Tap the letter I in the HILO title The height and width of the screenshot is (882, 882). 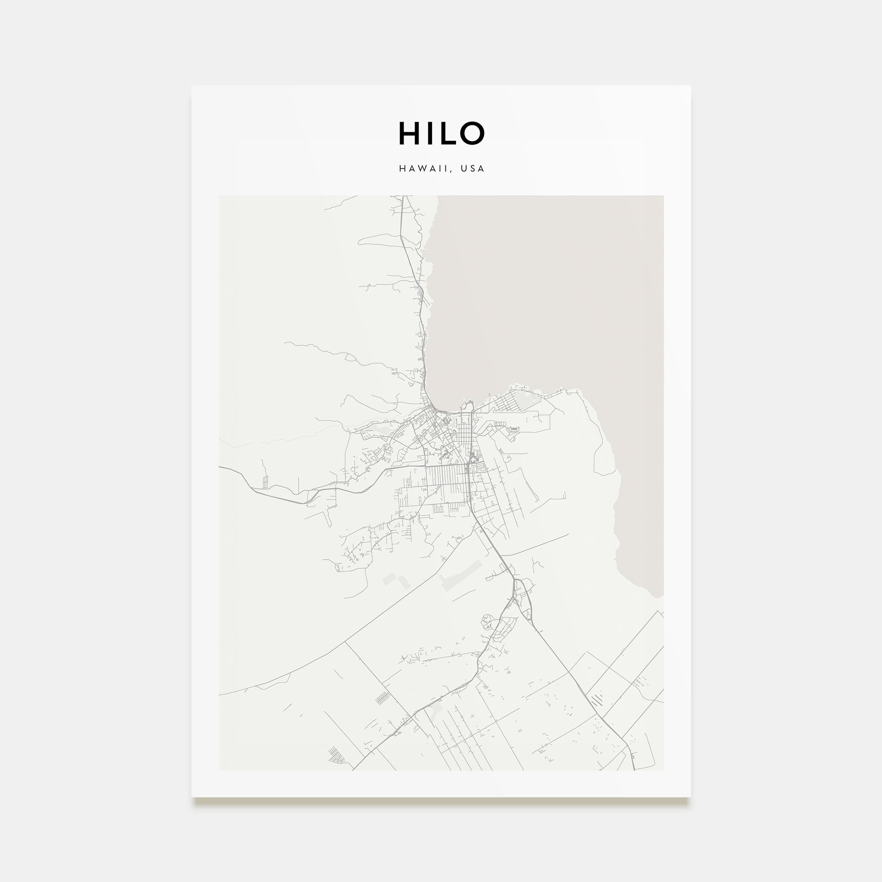pos(426,133)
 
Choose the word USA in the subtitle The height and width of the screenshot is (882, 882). pos(472,168)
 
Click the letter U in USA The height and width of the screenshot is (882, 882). pos(463,168)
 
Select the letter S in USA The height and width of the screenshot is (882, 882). pos(472,168)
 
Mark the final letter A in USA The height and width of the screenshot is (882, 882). pos(481,168)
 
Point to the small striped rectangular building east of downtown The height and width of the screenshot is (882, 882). pos(514,429)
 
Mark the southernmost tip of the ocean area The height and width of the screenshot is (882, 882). pos(657,596)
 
